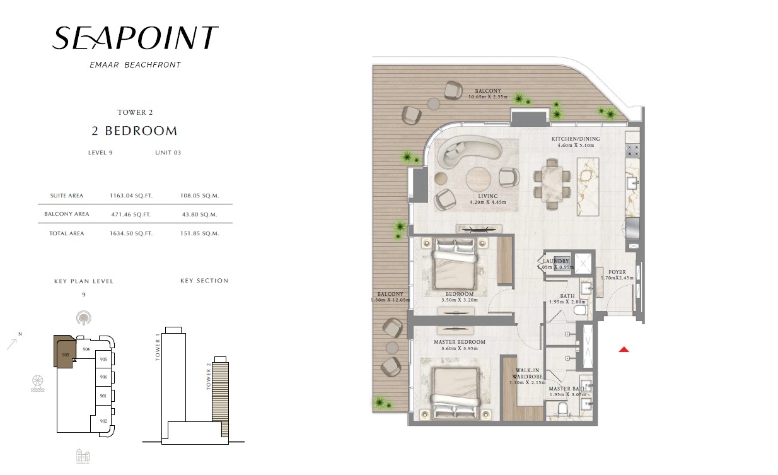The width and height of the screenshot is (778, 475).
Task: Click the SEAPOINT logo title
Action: click(135, 39)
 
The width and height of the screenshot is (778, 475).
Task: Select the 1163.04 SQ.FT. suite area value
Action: click(131, 196)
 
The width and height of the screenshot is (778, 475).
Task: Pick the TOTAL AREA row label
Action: click(66, 233)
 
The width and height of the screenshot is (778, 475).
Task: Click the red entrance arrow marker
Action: click(624, 349)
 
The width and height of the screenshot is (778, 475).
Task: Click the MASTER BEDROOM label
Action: click(459, 343)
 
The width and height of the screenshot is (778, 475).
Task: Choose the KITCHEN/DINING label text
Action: click(575, 139)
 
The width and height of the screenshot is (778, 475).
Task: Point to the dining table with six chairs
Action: click(552, 184)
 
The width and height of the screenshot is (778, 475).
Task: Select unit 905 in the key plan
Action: click(104, 360)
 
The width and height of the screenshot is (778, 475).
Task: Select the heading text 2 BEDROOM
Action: click(134, 131)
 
